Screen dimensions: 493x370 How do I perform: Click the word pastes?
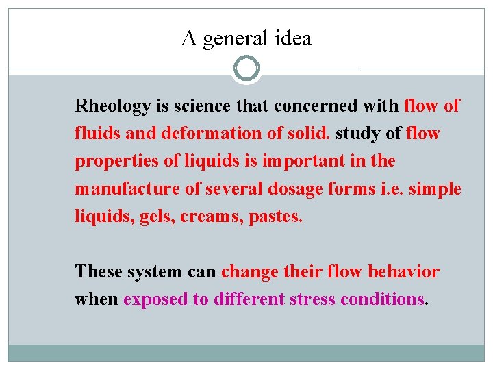pos(278,217)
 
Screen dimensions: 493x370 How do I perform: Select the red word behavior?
pos(403,272)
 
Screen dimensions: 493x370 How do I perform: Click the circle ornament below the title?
pos(246,69)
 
